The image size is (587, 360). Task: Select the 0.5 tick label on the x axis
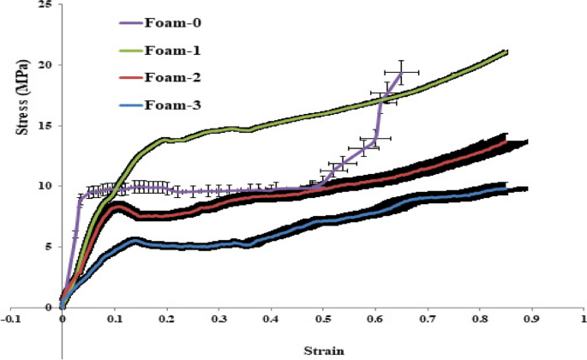[322, 318]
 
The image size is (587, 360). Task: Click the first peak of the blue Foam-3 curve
[135, 241]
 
